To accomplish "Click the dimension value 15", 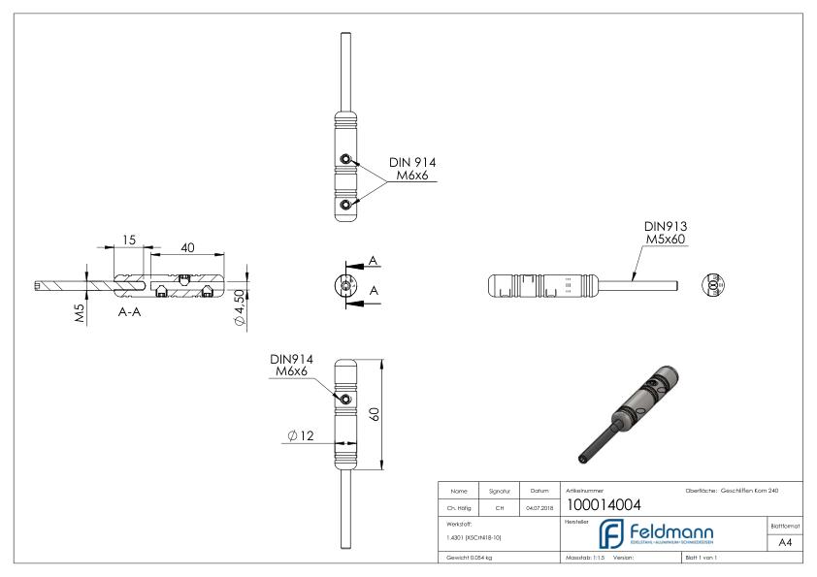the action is click(128, 240).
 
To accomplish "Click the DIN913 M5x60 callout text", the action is click(666, 233).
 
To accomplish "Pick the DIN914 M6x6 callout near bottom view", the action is click(291, 366).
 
